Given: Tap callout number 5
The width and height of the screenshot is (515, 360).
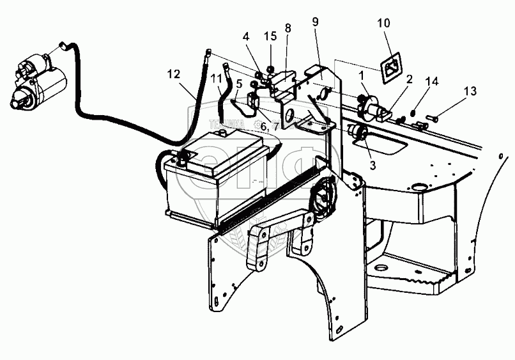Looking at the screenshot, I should pos(238,82).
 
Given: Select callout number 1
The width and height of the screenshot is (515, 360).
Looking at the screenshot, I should pos(362,75).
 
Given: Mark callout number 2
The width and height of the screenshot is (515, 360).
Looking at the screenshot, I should pos(410,79).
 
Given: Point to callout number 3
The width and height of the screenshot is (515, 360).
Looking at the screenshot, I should pos(373,164).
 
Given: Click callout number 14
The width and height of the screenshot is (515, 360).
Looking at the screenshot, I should pos(434,81).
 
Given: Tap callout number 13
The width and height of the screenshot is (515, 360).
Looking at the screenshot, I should pos(470,91).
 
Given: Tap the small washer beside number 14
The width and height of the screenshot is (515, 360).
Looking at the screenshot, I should pos(415,114).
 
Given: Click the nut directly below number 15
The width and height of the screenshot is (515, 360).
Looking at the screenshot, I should pos(270,68).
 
